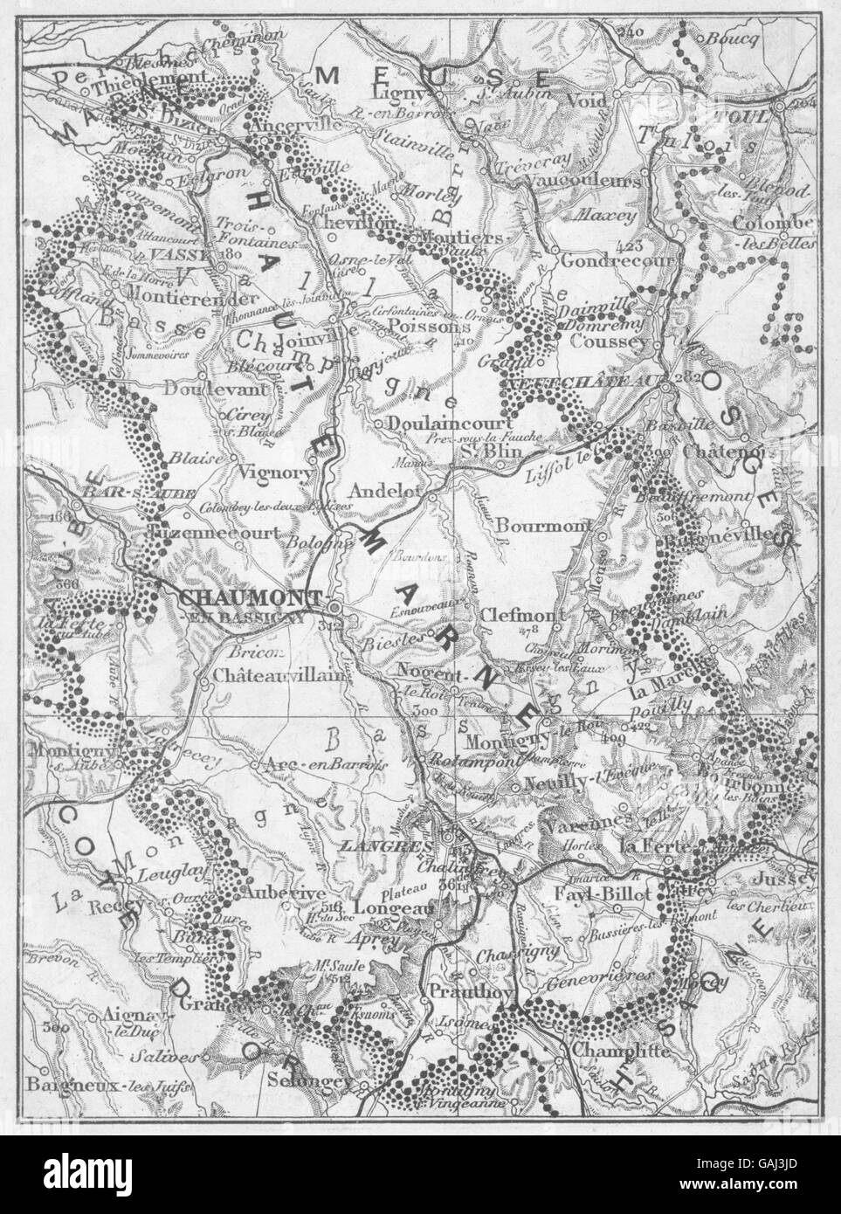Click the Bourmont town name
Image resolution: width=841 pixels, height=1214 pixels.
click(532, 526)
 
